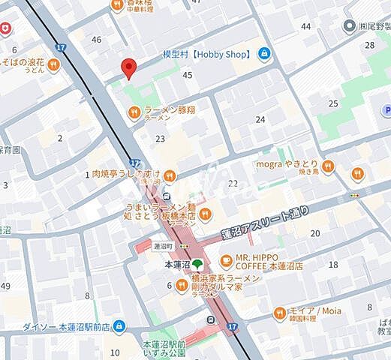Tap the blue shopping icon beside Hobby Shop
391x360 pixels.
click(x=264, y=53)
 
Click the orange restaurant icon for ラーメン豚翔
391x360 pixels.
click(x=134, y=112)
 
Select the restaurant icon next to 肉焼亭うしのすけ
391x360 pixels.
click(x=170, y=175)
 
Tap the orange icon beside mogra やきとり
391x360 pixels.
click(x=327, y=166)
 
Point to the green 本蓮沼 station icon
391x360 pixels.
click(x=197, y=264)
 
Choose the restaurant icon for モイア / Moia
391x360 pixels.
click(x=280, y=312)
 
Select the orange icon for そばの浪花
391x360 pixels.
click(x=53, y=65)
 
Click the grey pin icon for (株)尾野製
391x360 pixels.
click(x=348, y=26)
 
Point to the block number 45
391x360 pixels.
click(x=188, y=74)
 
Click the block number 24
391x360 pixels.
click(x=260, y=119)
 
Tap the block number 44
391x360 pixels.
click(x=305, y=26)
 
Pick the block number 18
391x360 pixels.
click(x=333, y=265)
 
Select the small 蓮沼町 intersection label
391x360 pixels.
click(x=163, y=245)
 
